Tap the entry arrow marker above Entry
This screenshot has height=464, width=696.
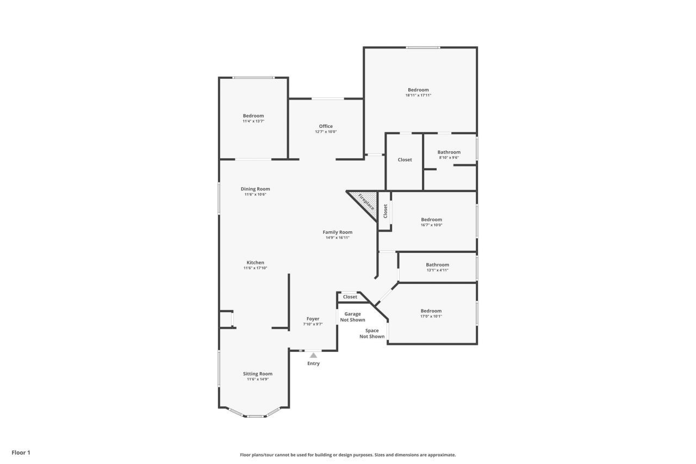tap(313, 355)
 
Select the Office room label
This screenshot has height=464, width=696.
tap(326, 126)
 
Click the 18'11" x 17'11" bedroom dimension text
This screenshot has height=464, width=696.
tap(418, 95)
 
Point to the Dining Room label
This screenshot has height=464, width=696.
tap(255, 189)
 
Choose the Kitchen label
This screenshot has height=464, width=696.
tap(255, 262)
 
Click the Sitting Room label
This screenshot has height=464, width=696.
tap(258, 374)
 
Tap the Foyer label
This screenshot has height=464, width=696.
tap(313, 319)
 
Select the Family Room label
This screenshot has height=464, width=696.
tap(338, 232)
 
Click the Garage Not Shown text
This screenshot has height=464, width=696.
tap(352, 317)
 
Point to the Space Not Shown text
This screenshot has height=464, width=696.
tap(372, 333)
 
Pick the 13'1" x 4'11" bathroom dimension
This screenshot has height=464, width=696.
tap(437, 270)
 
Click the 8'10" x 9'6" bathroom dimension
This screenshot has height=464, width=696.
tap(449, 158)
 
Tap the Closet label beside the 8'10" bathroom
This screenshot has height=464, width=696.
tap(405, 160)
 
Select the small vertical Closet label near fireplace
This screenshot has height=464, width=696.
tap(385, 211)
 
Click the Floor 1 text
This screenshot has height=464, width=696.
tap(21, 452)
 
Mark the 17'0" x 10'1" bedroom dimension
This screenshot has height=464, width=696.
tap(431, 316)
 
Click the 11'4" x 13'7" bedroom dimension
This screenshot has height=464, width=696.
tap(253, 121)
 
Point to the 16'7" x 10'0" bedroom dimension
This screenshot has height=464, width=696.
tap(432, 225)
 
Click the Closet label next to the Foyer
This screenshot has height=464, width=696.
tap(350, 297)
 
